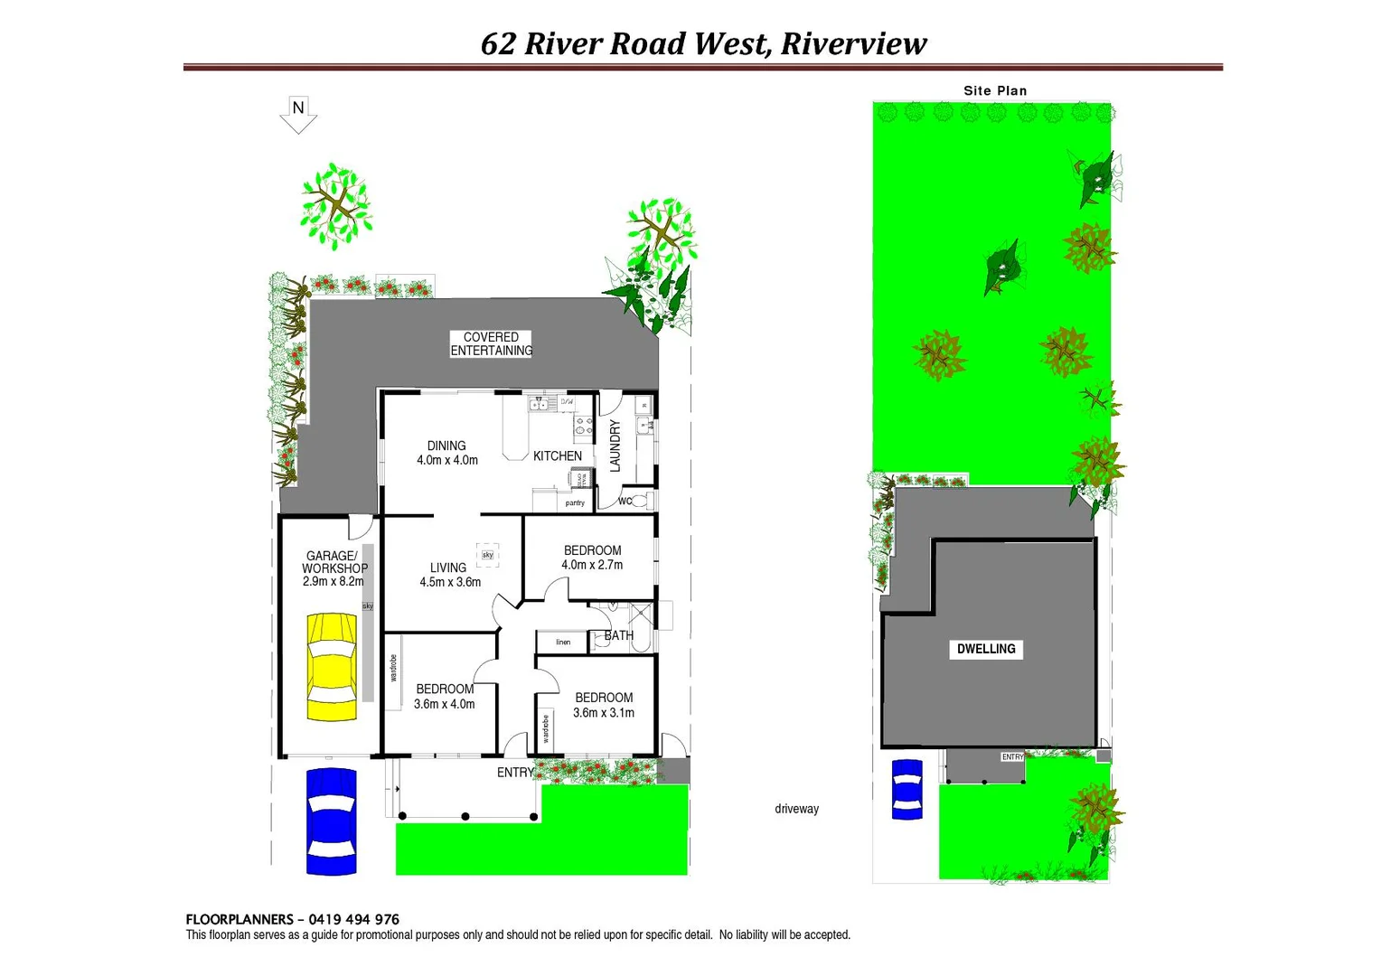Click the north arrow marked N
(298, 114)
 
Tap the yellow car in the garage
(332, 666)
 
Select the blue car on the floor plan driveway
(331, 821)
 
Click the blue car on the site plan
(907, 789)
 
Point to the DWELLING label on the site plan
(986, 649)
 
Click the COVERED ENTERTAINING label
(491, 343)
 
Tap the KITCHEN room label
(557, 456)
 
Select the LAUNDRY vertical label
(615, 446)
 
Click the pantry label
(575, 503)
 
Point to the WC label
(625, 502)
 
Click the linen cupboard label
(563, 643)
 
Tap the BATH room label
(619, 636)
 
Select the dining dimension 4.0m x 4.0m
(447, 461)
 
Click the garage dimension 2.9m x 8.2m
(334, 582)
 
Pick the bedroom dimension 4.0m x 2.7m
(592, 566)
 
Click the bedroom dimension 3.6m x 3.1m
(604, 713)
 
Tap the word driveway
(796, 809)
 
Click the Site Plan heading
(995, 90)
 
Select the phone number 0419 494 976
(353, 919)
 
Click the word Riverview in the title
(853, 43)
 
